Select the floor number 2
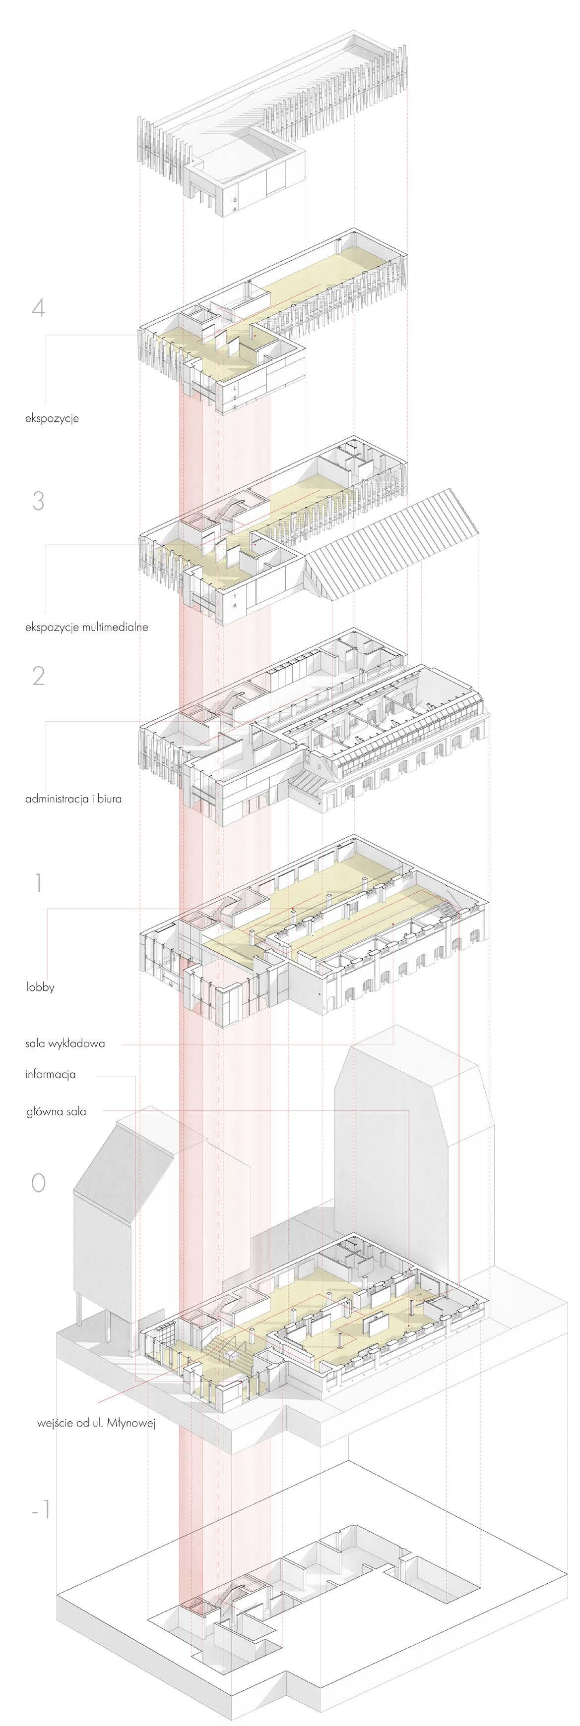[x=38, y=676]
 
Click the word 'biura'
[x=109, y=799]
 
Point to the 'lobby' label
[x=40, y=987]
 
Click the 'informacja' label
[x=50, y=1074]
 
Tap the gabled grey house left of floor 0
[x=128, y=1206]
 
